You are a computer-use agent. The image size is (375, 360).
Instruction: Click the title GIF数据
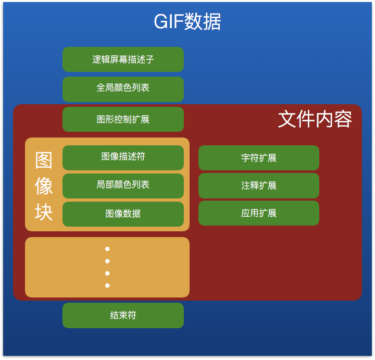click(x=187, y=22)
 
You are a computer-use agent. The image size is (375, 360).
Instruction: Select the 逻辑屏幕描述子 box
click(x=123, y=59)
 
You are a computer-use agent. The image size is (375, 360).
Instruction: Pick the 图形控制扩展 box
click(x=123, y=119)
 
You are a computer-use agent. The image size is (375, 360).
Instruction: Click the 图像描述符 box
click(x=123, y=157)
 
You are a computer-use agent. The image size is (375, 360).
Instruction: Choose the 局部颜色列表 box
click(x=123, y=185)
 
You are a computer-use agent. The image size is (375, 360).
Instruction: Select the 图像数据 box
click(x=123, y=214)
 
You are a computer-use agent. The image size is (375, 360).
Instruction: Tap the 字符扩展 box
click(x=258, y=157)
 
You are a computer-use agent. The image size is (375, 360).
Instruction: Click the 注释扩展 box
click(x=258, y=185)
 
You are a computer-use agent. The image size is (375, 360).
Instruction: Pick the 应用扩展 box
click(x=258, y=213)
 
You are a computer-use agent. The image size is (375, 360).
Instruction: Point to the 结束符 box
click(x=123, y=315)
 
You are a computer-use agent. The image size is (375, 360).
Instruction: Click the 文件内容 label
click(x=315, y=119)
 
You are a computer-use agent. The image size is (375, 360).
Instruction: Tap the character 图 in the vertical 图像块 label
click(x=44, y=160)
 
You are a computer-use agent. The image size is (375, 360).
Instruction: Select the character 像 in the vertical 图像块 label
click(x=44, y=186)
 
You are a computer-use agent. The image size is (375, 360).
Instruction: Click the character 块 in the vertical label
click(x=44, y=212)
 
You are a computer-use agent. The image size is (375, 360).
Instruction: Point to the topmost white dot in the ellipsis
click(x=107, y=249)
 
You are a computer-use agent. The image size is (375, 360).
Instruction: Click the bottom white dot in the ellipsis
click(x=107, y=285)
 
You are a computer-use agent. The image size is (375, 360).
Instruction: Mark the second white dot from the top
click(x=107, y=261)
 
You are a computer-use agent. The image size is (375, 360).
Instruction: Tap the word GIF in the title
click(x=168, y=22)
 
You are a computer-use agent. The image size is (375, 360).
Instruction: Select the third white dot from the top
click(x=107, y=273)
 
